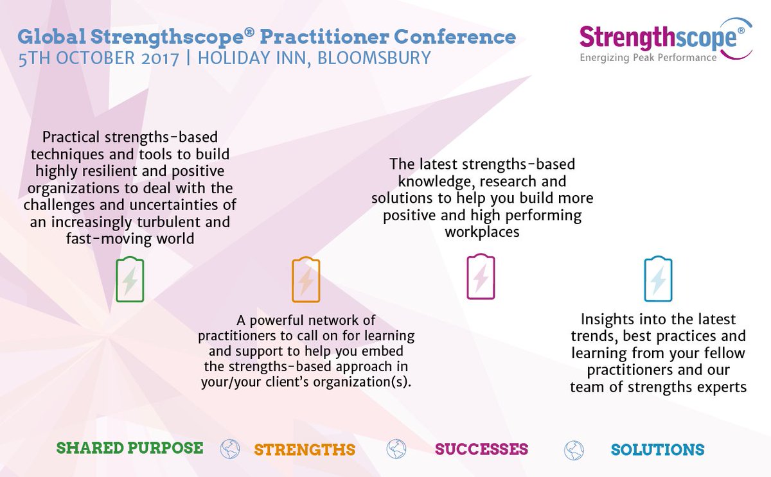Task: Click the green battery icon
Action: [130, 280]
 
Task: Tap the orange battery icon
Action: [306, 280]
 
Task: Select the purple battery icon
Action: [481, 277]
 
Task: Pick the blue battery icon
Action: [658, 279]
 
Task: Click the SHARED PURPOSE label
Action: [130, 447]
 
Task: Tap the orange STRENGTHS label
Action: [305, 449]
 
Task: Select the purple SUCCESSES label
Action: [481, 449]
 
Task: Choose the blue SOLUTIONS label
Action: [658, 449]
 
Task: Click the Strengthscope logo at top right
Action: [662, 38]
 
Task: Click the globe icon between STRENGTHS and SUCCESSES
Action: [396, 449]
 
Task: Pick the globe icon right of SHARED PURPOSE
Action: [229, 449]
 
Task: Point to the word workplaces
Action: [482, 232]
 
